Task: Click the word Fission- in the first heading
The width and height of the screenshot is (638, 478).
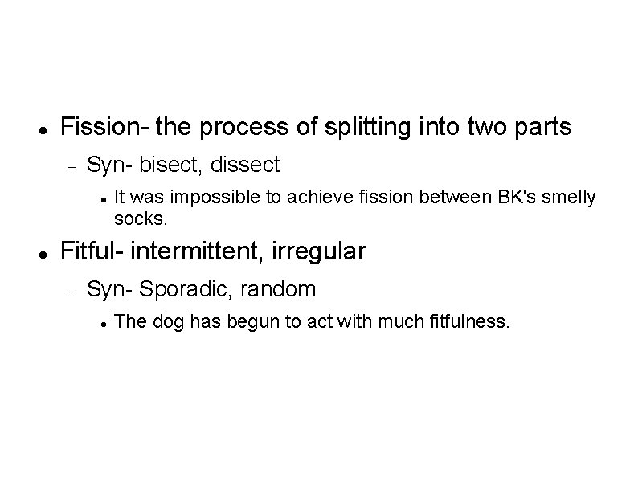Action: point(104,127)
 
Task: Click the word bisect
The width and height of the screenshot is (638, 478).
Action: point(173,165)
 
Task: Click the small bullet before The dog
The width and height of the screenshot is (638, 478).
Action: point(104,323)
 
